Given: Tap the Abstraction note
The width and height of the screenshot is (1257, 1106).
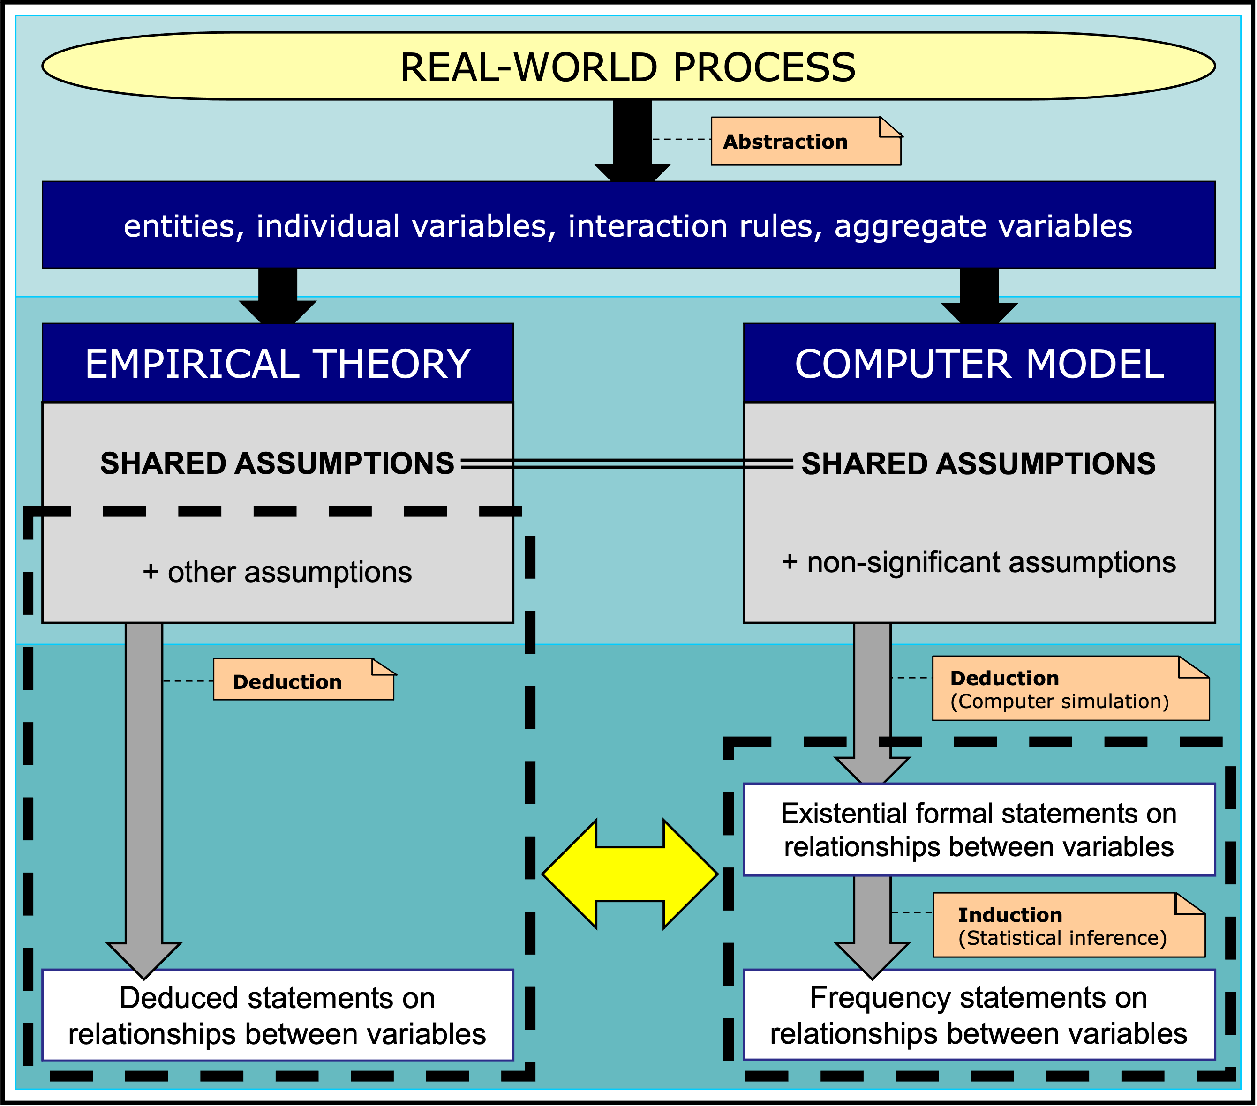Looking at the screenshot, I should pyautogui.click(x=805, y=142).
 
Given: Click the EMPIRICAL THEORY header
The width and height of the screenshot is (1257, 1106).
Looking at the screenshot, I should pyautogui.click(x=278, y=363).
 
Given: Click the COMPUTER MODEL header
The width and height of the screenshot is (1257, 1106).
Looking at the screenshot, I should pyautogui.click(x=979, y=363).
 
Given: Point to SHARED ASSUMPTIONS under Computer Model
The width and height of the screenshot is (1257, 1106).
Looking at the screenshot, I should pyautogui.click(x=979, y=463).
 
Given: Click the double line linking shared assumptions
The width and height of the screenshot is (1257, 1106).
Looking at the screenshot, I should pyautogui.click(x=627, y=464).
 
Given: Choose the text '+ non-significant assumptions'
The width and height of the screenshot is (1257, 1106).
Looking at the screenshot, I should pyautogui.click(x=979, y=562).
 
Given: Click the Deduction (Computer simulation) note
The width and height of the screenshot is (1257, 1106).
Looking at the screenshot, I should pyautogui.click(x=1070, y=688).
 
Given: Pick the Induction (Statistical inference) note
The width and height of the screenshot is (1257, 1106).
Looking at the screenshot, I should pyautogui.click(x=1068, y=925).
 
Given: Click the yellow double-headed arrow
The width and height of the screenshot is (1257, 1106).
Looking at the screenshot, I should pyautogui.click(x=630, y=874).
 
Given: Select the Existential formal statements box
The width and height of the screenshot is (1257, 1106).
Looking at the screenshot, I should pyautogui.click(x=979, y=829).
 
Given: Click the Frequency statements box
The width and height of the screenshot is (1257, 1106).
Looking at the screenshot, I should pyautogui.click(x=979, y=1015).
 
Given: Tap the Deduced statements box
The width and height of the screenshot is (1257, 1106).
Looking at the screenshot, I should pyautogui.click(x=278, y=1015).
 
